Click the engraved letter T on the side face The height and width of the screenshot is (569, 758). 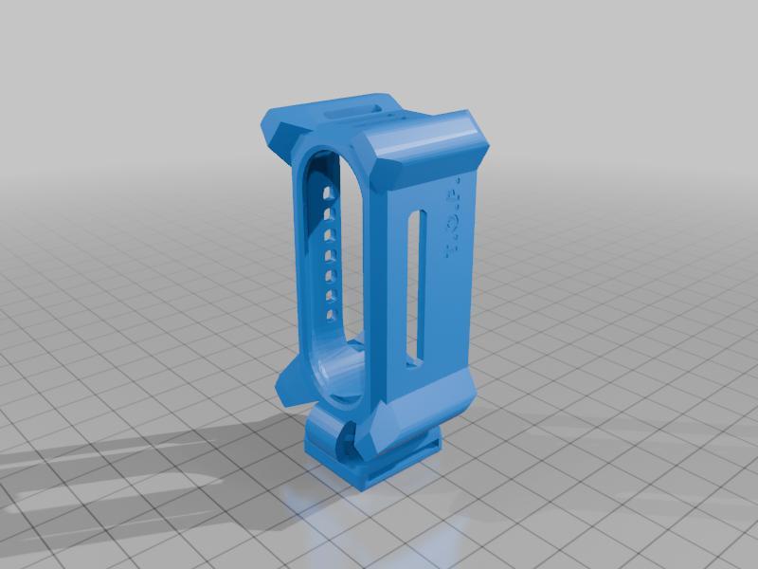[451, 251]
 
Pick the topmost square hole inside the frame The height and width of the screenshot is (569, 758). [328, 193]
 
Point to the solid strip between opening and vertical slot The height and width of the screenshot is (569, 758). [388, 284]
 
